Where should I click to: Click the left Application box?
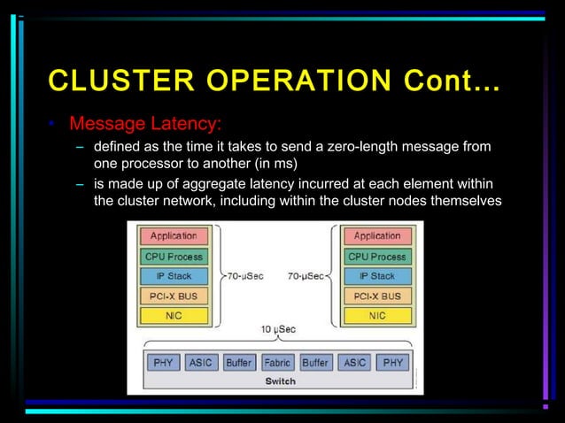pos(174,236)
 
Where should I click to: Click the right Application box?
pos(377,236)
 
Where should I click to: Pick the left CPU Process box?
pos(174,257)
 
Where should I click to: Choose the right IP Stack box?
pos(377,276)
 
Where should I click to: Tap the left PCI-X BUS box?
pos(174,296)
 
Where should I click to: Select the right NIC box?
pos(377,315)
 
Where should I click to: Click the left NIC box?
pos(174,315)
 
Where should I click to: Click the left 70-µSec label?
pos(244,276)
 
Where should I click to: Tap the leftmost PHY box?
pos(164,363)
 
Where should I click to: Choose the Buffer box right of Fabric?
pos(315,363)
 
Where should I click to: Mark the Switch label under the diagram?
pos(280,381)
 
